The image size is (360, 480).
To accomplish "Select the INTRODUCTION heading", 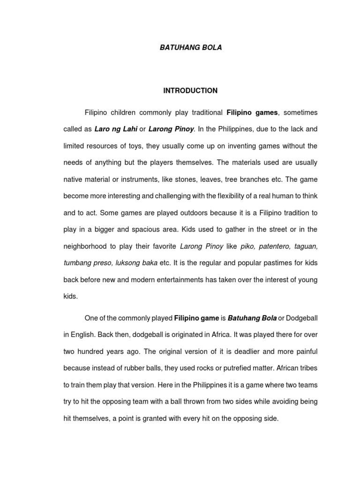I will [190, 90].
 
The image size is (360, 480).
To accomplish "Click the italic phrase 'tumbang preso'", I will [86, 263].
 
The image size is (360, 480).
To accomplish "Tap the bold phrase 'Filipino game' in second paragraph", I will [196, 318].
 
